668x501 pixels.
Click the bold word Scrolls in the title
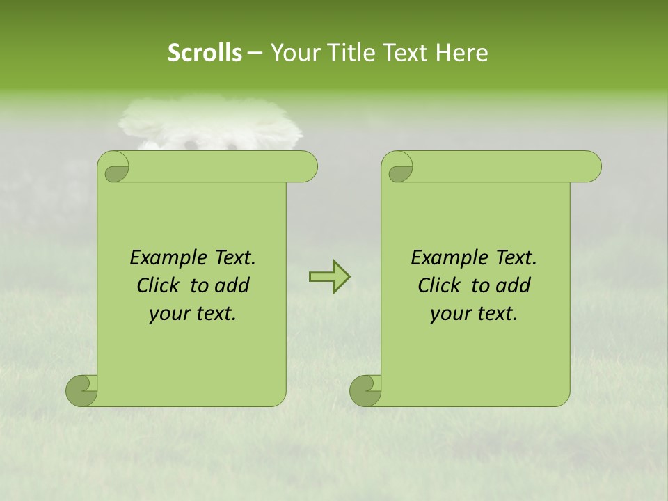tap(205, 53)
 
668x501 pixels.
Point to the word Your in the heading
tap(292, 53)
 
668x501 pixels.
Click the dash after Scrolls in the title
tap(255, 54)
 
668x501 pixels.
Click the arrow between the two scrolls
tap(329, 277)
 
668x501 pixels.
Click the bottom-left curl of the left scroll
tap(82, 390)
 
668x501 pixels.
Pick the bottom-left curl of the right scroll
tap(366, 390)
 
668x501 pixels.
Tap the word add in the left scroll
tap(232, 285)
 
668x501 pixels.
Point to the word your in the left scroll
tap(168, 314)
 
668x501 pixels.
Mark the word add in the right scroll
tap(514, 285)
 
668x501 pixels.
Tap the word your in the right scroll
tap(450, 314)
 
